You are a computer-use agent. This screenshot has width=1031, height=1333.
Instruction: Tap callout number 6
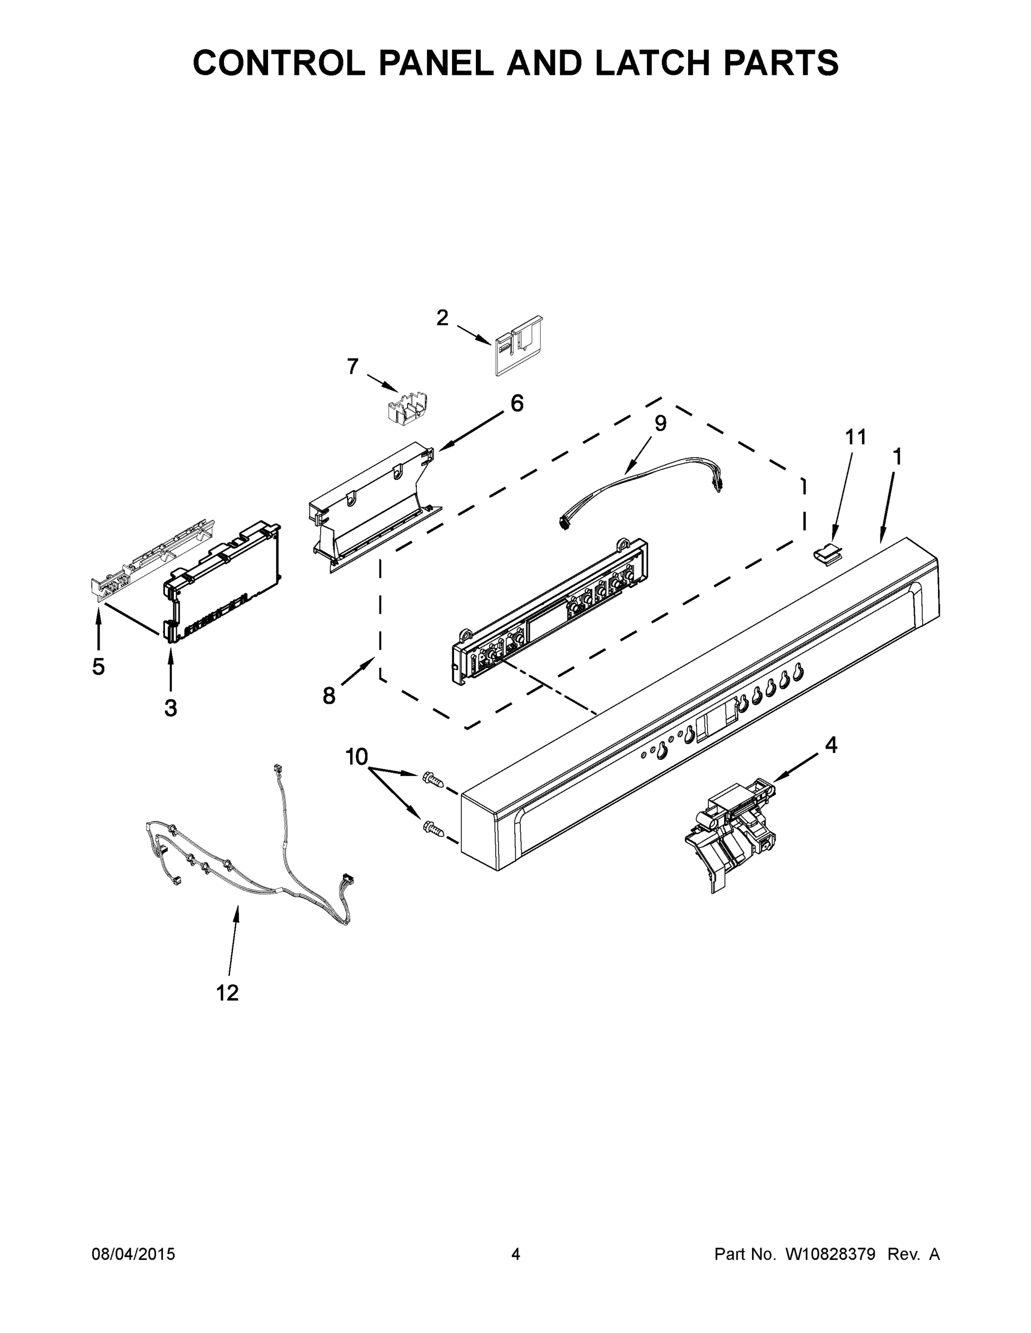point(517,403)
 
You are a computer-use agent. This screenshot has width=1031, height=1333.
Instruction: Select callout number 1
point(897,457)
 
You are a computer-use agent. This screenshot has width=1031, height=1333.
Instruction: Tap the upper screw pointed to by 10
point(432,779)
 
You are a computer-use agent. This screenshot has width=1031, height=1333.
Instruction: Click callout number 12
point(227,993)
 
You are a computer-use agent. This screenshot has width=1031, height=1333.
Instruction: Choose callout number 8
point(329,695)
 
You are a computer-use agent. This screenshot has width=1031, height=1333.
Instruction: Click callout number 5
point(98,666)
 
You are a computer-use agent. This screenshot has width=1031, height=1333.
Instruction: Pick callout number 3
point(171,708)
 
